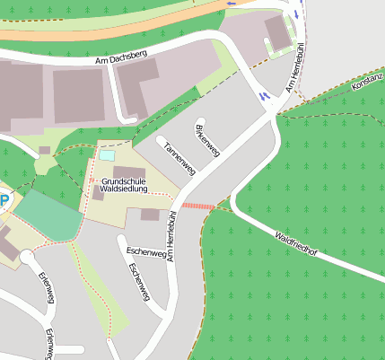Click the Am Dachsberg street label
[x=121, y=58]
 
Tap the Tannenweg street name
[x=179, y=155]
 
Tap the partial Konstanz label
[x=368, y=83]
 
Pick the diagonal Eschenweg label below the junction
[x=140, y=282]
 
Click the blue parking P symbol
[x=4, y=201]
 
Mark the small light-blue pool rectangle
[x=107, y=155]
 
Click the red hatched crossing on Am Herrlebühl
[x=197, y=206]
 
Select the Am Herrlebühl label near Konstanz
[x=294, y=72]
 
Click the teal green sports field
[x=48, y=215]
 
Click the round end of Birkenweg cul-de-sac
[x=201, y=120]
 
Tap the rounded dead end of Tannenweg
[x=162, y=139]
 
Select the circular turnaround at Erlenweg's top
[x=27, y=258]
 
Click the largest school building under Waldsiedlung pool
[x=128, y=171]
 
